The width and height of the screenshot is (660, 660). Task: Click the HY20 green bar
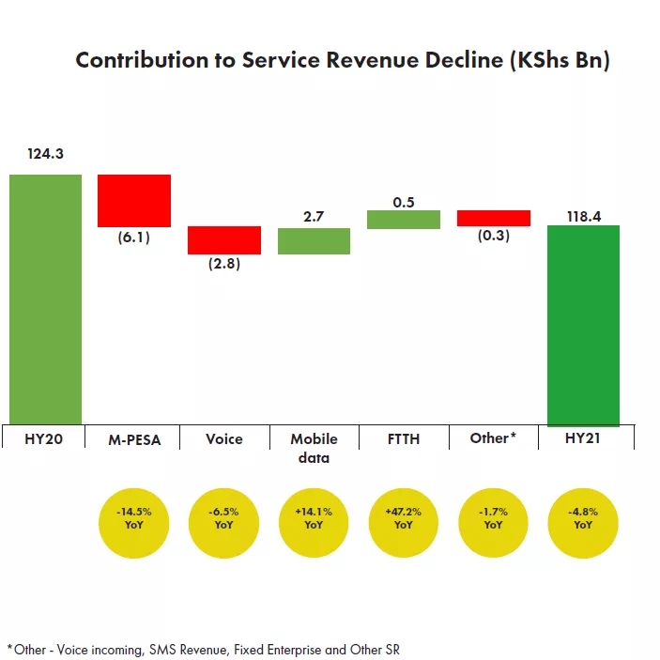tap(45, 299)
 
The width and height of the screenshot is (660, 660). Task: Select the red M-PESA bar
tap(134, 201)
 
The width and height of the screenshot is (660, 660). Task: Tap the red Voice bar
tap(223, 239)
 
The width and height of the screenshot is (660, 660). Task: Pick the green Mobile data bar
tap(314, 241)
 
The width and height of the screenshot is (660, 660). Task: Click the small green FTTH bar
tap(404, 219)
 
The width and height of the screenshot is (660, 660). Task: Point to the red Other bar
tap(494, 218)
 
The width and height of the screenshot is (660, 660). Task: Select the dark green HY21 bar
tap(583, 325)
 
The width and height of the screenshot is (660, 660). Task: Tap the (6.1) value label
tap(134, 238)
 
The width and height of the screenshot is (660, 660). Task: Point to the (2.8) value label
tap(223, 264)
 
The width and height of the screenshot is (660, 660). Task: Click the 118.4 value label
tap(583, 216)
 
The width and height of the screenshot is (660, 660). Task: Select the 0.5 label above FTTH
tap(404, 202)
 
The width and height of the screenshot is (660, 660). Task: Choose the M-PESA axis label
tap(134, 438)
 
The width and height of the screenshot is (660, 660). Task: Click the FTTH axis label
tap(404, 438)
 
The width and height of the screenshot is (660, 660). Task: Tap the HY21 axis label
tap(583, 438)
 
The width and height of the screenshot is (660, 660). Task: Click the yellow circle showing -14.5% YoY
tap(134, 519)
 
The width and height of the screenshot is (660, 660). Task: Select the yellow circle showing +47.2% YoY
tap(404, 519)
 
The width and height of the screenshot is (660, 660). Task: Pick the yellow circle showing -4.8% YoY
tap(583, 519)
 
